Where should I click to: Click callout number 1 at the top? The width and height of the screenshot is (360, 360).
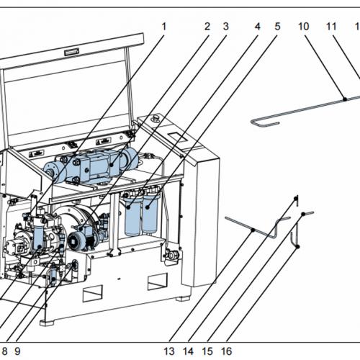(x=163, y=27)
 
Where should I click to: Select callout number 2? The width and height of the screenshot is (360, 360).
(x=207, y=27)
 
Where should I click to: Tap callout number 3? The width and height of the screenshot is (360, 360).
(x=225, y=27)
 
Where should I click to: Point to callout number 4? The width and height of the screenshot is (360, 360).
(x=257, y=27)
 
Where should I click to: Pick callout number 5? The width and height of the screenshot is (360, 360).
(x=276, y=27)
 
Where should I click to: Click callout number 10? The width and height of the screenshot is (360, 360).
(x=304, y=27)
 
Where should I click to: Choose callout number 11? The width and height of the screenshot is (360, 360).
(x=331, y=27)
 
